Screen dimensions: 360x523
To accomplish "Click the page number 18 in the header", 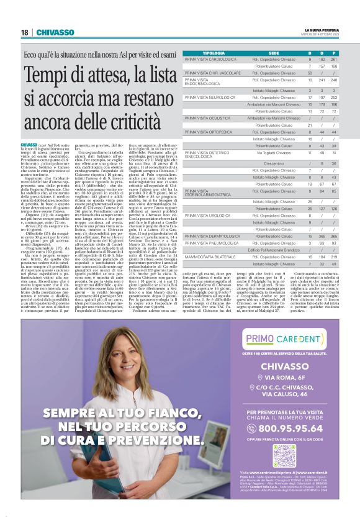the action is (24, 32).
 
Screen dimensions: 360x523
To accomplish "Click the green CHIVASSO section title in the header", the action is (55, 32).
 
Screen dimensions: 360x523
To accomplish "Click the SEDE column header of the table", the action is (274, 53).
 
